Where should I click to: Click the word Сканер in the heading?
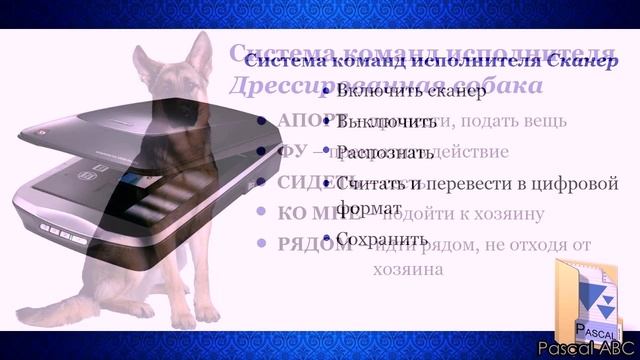pyautogui.click(x=584, y=62)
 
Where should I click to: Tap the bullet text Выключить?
pyautogui.click(x=376, y=124)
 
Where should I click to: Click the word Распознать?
pyautogui.click(x=385, y=153)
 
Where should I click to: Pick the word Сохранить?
pyautogui.click(x=383, y=239)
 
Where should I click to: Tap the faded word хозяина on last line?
pyautogui.click(x=409, y=269)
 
